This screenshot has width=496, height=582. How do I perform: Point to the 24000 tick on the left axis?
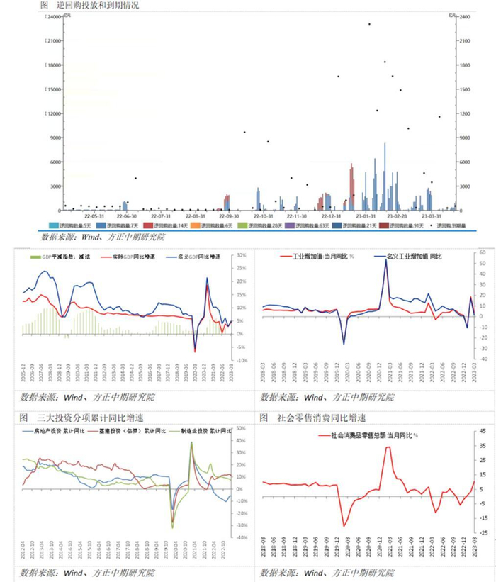pyautogui.click(x=52, y=17)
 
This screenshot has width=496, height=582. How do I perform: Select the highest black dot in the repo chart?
pyautogui.click(x=369, y=24)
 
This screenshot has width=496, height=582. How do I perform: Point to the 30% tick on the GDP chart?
pyautogui.click(x=240, y=255)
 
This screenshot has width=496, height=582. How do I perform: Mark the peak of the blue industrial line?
pyautogui.click(x=386, y=259)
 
